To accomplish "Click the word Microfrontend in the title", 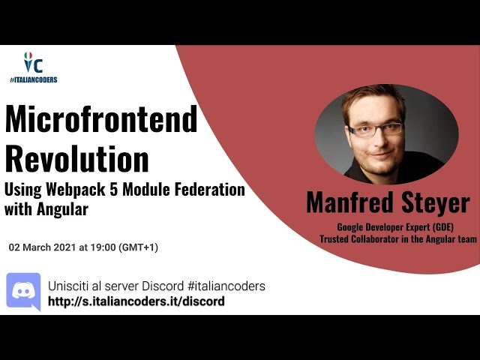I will click(101, 120).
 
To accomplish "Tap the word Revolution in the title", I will click(76, 159).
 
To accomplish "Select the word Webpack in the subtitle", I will click(78, 190).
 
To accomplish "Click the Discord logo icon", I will click(23, 291).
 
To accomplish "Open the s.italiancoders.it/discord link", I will click(136, 301).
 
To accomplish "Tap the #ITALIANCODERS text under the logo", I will click(33, 79).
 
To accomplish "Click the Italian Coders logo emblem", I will click(32, 64).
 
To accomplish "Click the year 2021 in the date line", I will click(63, 247).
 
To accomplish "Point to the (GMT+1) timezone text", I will click(142, 247).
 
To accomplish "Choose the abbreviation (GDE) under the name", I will click(442, 227).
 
